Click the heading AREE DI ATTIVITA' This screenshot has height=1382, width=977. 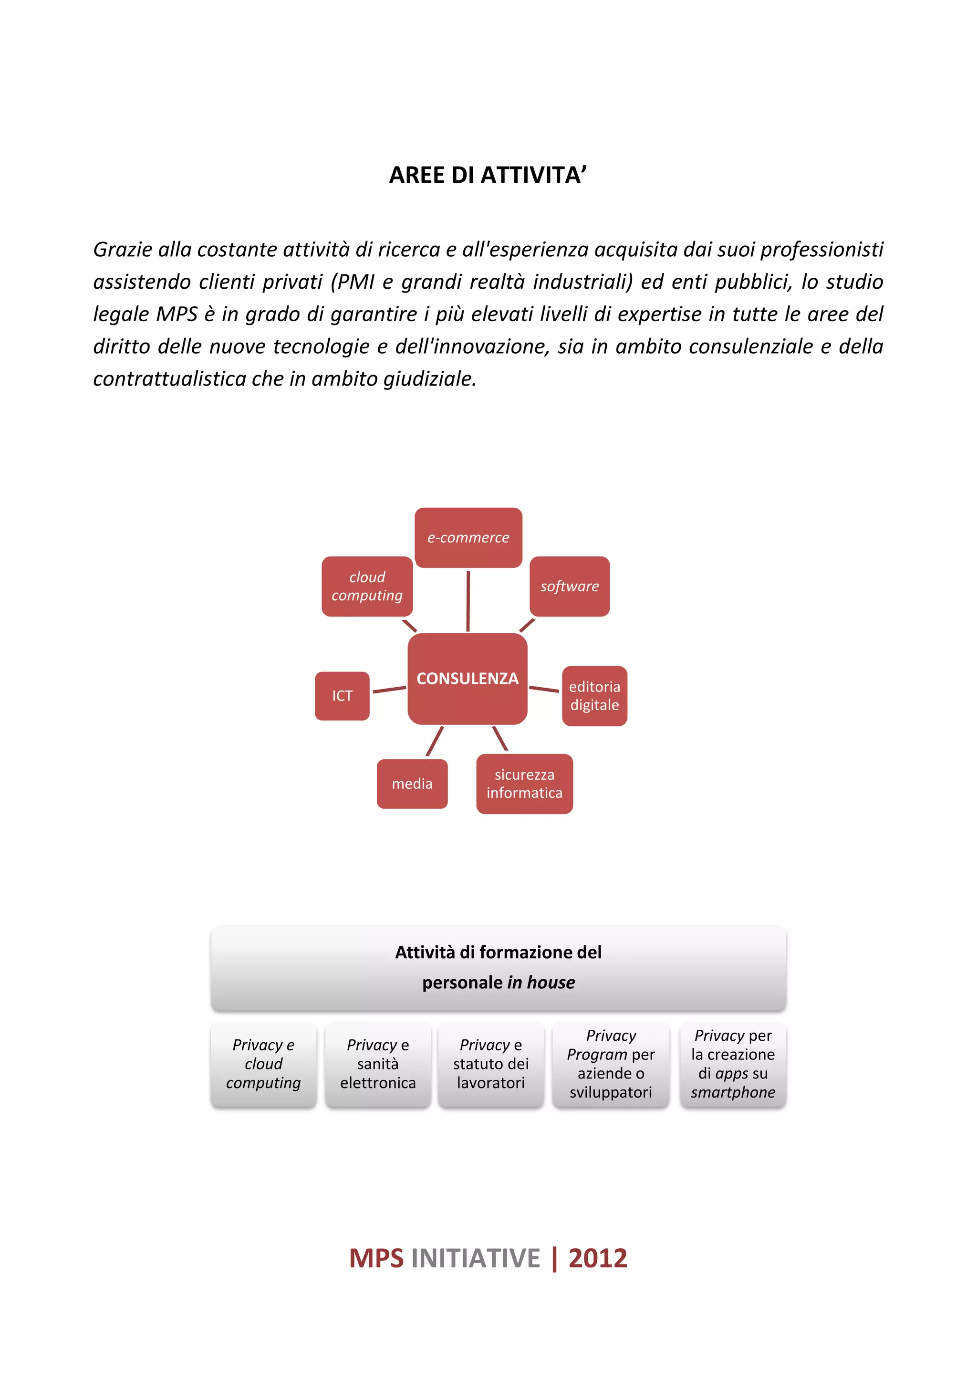pyautogui.click(x=488, y=175)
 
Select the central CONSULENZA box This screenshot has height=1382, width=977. pyautogui.click(x=468, y=679)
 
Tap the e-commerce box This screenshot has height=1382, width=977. pyautogui.click(x=468, y=537)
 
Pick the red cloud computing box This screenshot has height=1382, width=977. pyautogui.click(x=367, y=586)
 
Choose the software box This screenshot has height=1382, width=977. pyautogui.click(x=569, y=586)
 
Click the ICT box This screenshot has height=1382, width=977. pyautogui.click(x=342, y=696)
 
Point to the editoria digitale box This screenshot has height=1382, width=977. pyautogui.click(x=594, y=696)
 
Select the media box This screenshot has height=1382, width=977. pyautogui.click(x=412, y=784)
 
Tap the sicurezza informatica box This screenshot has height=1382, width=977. pyautogui.click(x=524, y=784)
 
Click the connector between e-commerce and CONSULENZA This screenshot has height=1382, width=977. pyautogui.click(x=468, y=601)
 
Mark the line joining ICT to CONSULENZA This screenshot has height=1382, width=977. pyautogui.click(x=389, y=689)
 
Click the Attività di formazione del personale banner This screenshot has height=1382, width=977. pyautogui.click(x=498, y=967)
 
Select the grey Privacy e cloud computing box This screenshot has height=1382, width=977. pyautogui.click(x=263, y=1064)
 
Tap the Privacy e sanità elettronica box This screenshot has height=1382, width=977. pyautogui.click(x=378, y=1064)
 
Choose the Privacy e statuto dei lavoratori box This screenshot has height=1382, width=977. pyautogui.click(x=491, y=1064)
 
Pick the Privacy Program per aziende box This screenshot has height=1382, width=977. pyautogui.click(x=611, y=1064)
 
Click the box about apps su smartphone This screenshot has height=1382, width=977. pyautogui.click(x=733, y=1064)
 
